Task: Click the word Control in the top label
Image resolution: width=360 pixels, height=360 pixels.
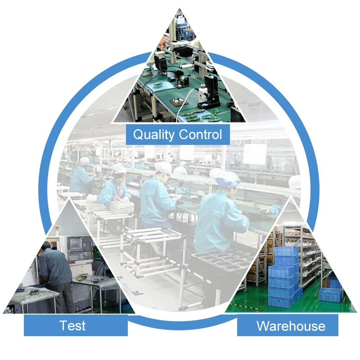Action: tap(201, 134)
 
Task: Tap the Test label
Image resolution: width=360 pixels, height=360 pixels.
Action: tap(72, 325)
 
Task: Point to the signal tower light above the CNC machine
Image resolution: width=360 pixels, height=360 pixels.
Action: tap(57, 230)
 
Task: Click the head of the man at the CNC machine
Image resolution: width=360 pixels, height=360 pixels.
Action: tap(46, 246)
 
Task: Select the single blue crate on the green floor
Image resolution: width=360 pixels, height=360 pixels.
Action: tap(330, 295)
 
